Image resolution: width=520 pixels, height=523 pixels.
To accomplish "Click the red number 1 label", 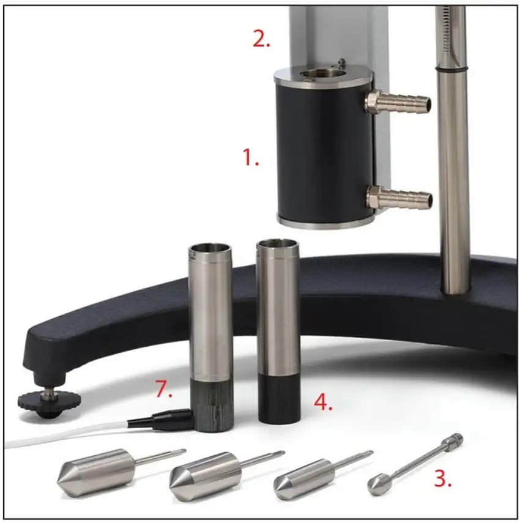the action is pos(250,157).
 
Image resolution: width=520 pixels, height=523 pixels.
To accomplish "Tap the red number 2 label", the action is pos(261,40).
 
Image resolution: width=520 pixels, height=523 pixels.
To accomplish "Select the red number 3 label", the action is pos(443,479).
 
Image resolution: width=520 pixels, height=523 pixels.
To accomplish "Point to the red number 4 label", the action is pos(323,402).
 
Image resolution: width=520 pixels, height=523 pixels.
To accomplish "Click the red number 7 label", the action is pos(164,389).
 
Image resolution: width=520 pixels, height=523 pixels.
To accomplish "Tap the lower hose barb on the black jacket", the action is pos(399,197).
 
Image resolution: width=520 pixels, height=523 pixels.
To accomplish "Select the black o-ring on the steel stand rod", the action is pos(451,69).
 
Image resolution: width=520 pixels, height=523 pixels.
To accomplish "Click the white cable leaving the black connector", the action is pos(67,434).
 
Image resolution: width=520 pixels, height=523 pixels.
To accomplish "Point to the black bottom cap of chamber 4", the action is pos(278,399).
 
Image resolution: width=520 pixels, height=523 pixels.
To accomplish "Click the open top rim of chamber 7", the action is pos(210,248).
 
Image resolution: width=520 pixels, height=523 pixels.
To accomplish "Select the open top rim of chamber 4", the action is pos(277,245).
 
